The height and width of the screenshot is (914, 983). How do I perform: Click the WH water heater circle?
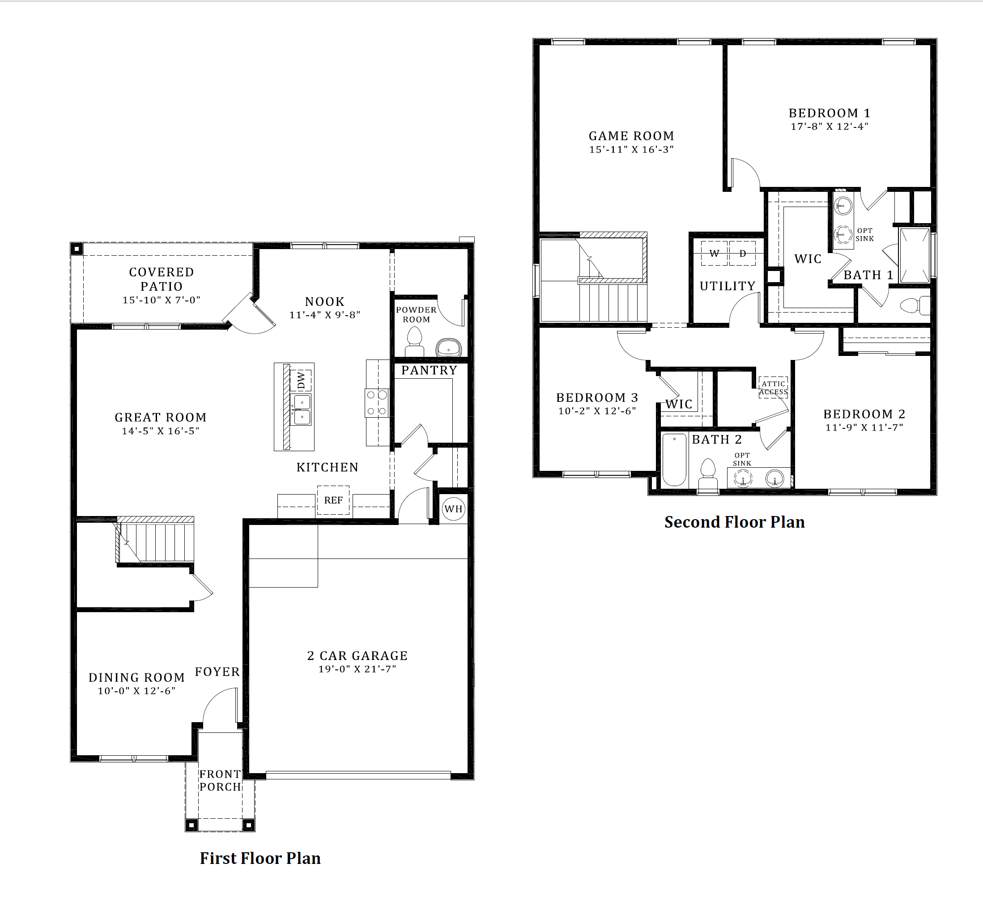pyautogui.click(x=453, y=509)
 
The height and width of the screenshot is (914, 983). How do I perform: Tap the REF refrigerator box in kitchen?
pyautogui.click(x=333, y=500)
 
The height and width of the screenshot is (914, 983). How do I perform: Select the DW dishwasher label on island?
pyautogui.click(x=301, y=380)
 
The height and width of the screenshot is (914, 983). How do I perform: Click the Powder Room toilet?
pyautogui.click(x=414, y=343)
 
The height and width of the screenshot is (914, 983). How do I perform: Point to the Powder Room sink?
pyautogui.click(x=448, y=347)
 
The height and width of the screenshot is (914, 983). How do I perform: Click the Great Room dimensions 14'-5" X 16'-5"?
pyautogui.click(x=161, y=431)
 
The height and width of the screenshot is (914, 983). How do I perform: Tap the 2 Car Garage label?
pyautogui.click(x=357, y=656)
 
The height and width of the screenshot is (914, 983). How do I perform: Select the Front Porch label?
pyautogui.click(x=220, y=780)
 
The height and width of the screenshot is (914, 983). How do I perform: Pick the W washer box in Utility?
pyautogui.click(x=714, y=254)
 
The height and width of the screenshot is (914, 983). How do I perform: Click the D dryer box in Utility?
pyautogui.click(x=742, y=254)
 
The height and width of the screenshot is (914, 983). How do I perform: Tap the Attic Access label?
pyautogui.click(x=773, y=388)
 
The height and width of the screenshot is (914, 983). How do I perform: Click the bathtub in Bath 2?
pyautogui.click(x=674, y=460)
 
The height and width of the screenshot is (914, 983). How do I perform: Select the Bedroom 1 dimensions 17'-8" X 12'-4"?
pyautogui.click(x=829, y=127)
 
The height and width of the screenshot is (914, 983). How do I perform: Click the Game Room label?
pyautogui.click(x=631, y=136)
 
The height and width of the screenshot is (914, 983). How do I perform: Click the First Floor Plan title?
pyautogui.click(x=260, y=858)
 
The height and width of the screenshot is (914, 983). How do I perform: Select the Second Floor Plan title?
pyautogui.click(x=734, y=522)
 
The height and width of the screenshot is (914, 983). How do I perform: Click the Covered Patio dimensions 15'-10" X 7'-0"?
pyautogui.click(x=161, y=300)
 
